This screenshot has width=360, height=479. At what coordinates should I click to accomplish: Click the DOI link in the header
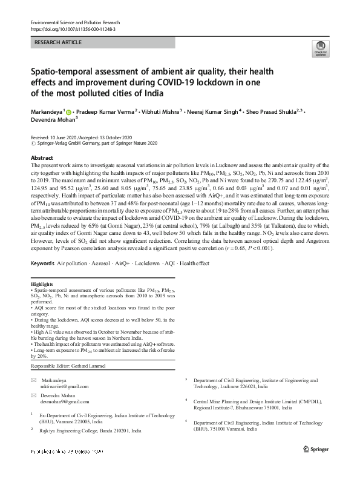click(x=73, y=28)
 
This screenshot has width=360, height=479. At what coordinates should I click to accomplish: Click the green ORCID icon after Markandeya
click(x=69, y=112)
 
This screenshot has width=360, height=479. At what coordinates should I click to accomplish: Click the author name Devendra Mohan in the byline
click(x=52, y=119)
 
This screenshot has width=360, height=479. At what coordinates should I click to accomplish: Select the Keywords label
click(x=42, y=264)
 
